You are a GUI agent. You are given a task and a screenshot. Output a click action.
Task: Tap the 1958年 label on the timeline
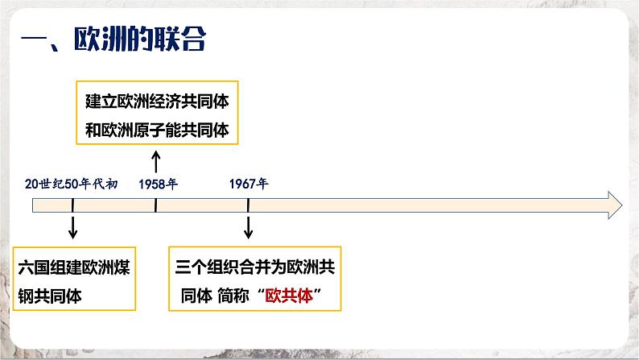pos(157,184)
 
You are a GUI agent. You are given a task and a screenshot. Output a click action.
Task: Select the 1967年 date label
pos(248,184)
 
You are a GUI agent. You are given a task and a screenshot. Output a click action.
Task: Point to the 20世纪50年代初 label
pos(72,184)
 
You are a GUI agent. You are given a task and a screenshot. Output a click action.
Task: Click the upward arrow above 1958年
pos(156,163)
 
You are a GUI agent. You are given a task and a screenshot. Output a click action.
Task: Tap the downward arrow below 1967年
pos(248,228)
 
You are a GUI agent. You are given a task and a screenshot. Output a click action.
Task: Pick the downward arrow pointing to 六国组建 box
pos(72,228)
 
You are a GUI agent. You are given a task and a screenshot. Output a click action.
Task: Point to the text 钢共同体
pos(52,296)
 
